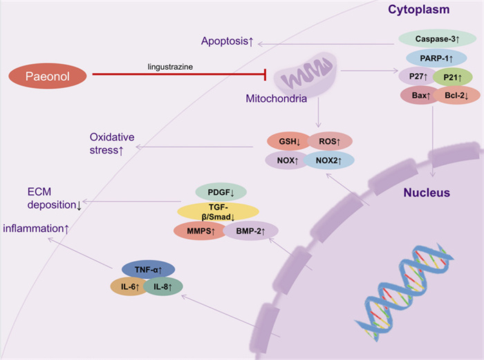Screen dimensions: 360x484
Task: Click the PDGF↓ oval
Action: (x=221, y=192)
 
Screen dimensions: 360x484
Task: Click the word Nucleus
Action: (x=427, y=193)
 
